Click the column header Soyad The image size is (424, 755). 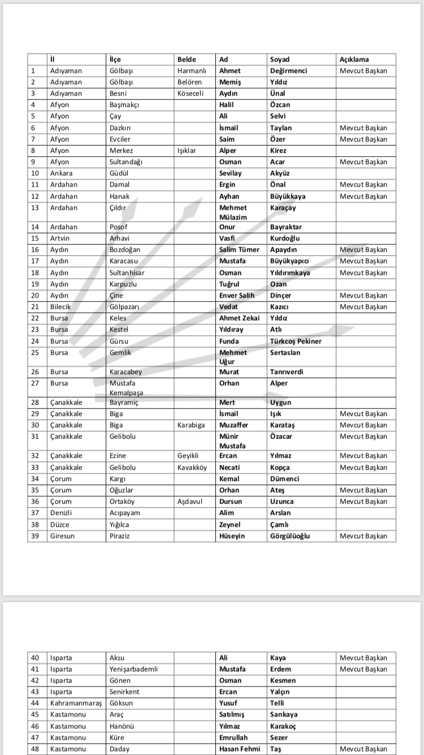click(279, 59)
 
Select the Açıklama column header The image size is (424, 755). click(354, 59)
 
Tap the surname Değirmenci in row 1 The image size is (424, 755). click(288, 71)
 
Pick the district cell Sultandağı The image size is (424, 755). click(126, 162)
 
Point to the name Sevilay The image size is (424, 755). click(231, 173)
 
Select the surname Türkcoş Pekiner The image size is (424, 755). click(296, 341)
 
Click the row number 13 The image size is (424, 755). click(35, 208)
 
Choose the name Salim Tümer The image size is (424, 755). click(239, 250)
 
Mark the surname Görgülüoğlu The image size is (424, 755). click(290, 536)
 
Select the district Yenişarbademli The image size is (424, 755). click(133, 669)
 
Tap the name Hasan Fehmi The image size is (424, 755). click(240, 749)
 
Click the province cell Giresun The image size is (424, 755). click(62, 536)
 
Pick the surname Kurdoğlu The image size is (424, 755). click(285, 238)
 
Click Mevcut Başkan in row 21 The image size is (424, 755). click(364, 307)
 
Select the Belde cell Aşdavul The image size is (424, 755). click(189, 501)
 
